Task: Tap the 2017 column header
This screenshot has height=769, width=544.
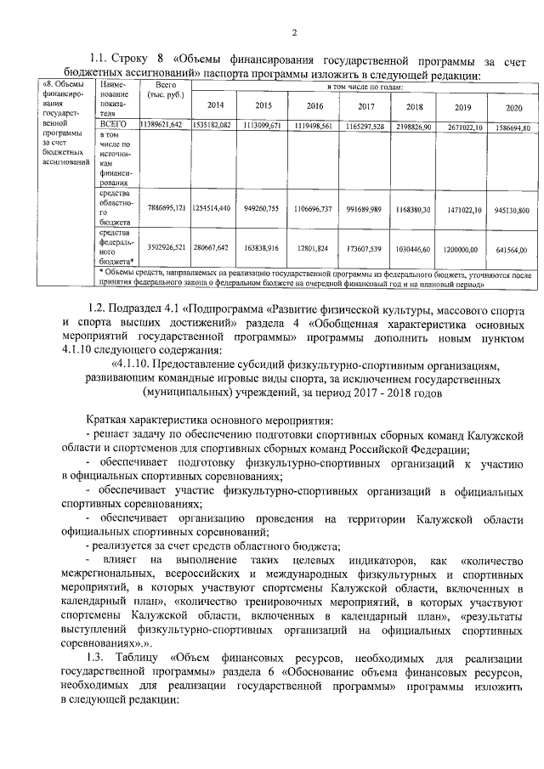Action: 366,106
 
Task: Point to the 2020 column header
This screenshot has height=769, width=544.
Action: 514,108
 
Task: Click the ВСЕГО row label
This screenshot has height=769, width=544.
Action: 113,125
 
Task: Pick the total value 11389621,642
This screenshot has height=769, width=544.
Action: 161,126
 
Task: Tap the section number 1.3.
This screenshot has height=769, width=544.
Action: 99,656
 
